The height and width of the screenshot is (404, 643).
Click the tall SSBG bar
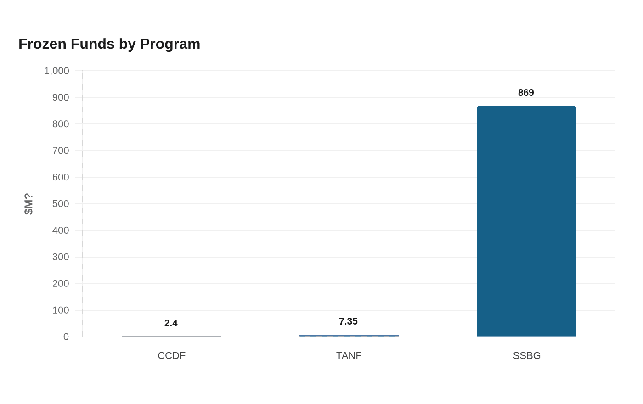526,221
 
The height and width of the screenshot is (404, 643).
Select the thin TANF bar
349,336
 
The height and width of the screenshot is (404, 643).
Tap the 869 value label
526,93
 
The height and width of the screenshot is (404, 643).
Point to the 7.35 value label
348,321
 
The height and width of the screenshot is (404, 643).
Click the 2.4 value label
171,323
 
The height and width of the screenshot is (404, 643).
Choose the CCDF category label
171,356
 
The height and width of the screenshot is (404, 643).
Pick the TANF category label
349,356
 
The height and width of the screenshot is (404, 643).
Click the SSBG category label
527,356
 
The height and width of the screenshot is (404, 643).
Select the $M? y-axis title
28,204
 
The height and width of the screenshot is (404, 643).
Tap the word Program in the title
170,45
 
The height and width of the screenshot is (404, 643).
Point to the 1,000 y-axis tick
56,71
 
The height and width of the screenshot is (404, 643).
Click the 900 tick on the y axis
61,97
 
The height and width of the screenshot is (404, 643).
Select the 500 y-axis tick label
61,204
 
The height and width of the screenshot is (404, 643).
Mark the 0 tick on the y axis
66,337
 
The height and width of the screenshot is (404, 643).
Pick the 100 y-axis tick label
61,310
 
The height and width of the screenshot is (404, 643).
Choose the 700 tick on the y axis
61,151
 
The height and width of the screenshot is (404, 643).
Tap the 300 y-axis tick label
61,257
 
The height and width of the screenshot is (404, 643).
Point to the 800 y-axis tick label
61,124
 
